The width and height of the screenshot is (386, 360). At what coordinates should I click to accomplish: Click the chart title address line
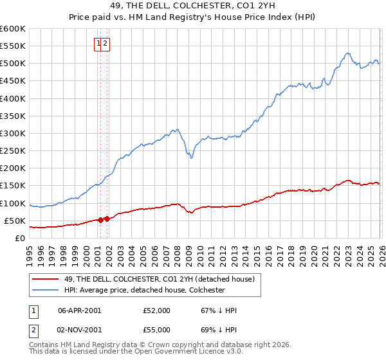click(192, 7)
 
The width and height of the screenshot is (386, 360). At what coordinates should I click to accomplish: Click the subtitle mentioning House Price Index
click(192, 18)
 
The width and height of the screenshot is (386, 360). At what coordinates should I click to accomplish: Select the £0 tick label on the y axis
click(20, 238)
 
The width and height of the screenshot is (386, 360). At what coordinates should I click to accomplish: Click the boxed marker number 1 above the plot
click(99, 44)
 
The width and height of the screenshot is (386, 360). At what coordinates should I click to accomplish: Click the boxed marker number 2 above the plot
click(106, 44)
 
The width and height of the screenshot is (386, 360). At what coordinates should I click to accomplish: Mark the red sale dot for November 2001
click(107, 219)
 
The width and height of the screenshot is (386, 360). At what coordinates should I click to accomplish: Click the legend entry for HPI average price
click(144, 290)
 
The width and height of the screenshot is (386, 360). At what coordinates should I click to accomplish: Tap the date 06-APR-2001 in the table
click(79, 310)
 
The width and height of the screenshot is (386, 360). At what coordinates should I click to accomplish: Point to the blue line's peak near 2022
click(347, 53)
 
